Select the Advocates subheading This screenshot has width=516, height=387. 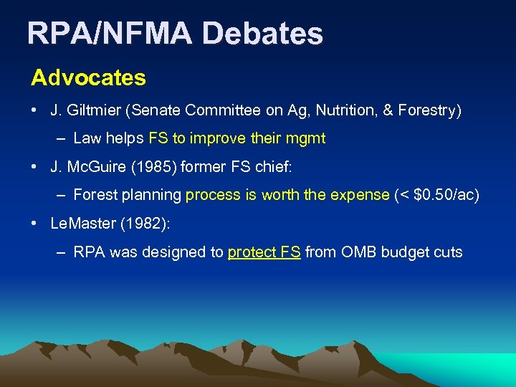pyautogui.click(x=88, y=78)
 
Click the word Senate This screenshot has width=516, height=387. pyautogui.click(x=160, y=110)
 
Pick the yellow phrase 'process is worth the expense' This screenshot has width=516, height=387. pyautogui.click(x=287, y=195)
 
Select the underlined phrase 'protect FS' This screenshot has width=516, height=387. pyautogui.click(x=264, y=252)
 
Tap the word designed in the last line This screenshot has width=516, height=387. pyautogui.click(x=173, y=252)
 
